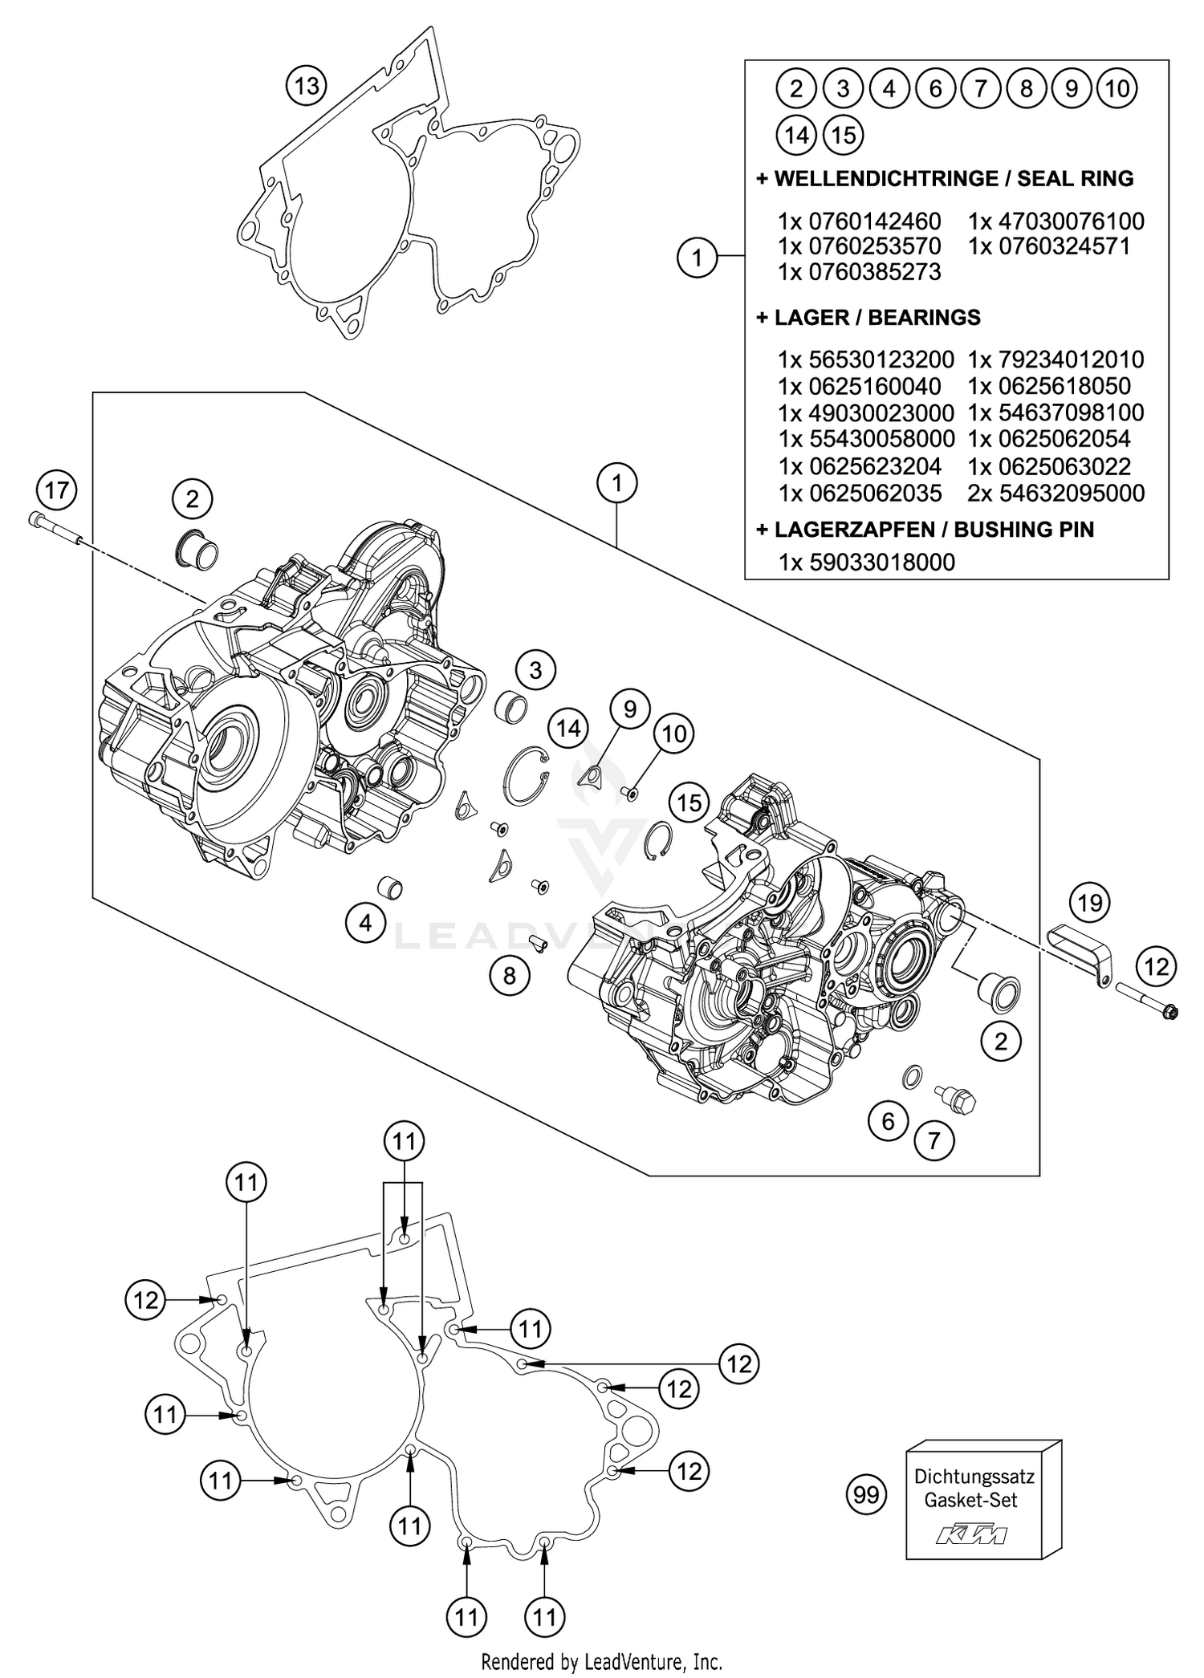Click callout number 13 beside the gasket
click(x=307, y=85)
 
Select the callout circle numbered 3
click(x=535, y=669)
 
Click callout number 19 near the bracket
click(x=1089, y=903)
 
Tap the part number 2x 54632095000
click(x=1056, y=493)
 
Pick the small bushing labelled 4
click(x=390, y=888)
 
